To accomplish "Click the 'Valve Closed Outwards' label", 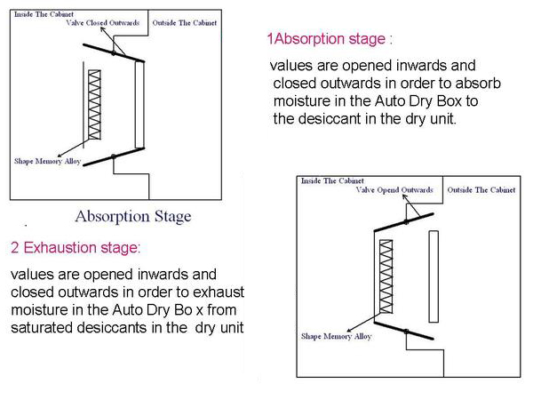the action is pyautogui.click(x=103, y=23).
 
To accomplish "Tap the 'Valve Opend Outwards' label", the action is pyautogui.click(x=394, y=190).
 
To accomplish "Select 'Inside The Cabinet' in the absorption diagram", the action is pyautogui.click(x=44, y=14).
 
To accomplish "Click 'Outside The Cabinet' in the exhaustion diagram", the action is pyautogui.click(x=481, y=190).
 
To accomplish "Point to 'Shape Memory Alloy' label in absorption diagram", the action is pyautogui.click(x=47, y=161).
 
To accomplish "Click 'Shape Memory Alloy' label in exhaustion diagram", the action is pyautogui.click(x=336, y=336).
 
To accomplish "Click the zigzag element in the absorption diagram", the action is pyautogui.click(x=94, y=105).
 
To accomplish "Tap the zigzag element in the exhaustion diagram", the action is pyautogui.click(x=386, y=276).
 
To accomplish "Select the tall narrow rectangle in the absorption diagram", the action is pyautogui.click(x=139, y=104).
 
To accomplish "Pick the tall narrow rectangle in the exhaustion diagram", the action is pyautogui.click(x=434, y=276).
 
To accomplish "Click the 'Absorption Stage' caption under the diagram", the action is pyautogui.click(x=133, y=216).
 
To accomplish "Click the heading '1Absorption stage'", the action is pyautogui.click(x=330, y=39).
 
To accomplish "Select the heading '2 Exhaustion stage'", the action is pyautogui.click(x=76, y=247).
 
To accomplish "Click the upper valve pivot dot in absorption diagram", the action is pyautogui.click(x=114, y=52).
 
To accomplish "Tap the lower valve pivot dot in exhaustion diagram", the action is pyautogui.click(x=406, y=332).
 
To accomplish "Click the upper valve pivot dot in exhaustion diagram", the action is pyautogui.click(x=406, y=222).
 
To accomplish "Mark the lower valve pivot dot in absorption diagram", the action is pyautogui.click(x=114, y=156).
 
